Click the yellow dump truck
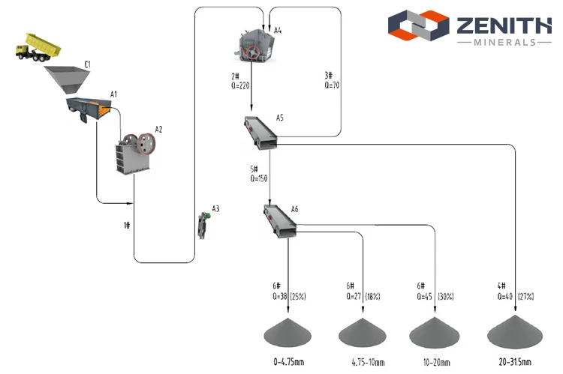(x=38, y=47)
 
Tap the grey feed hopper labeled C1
(x=67, y=79)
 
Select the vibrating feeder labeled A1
(x=89, y=109)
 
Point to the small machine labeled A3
(x=204, y=225)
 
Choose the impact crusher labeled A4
(x=254, y=46)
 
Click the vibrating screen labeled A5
(x=260, y=133)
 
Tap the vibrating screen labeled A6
(x=280, y=221)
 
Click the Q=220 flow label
(x=240, y=85)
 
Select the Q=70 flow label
(x=332, y=85)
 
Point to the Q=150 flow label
(x=259, y=178)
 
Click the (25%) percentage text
(x=298, y=297)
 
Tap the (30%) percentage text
(x=446, y=297)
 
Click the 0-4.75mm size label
(x=289, y=362)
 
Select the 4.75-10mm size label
(x=368, y=362)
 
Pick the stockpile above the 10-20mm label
(x=435, y=333)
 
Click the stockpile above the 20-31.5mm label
(x=515, y=332)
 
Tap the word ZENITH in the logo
(x=504, y=25)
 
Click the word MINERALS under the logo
(x=505, y=42)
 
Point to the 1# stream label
(x=127, y=225)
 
